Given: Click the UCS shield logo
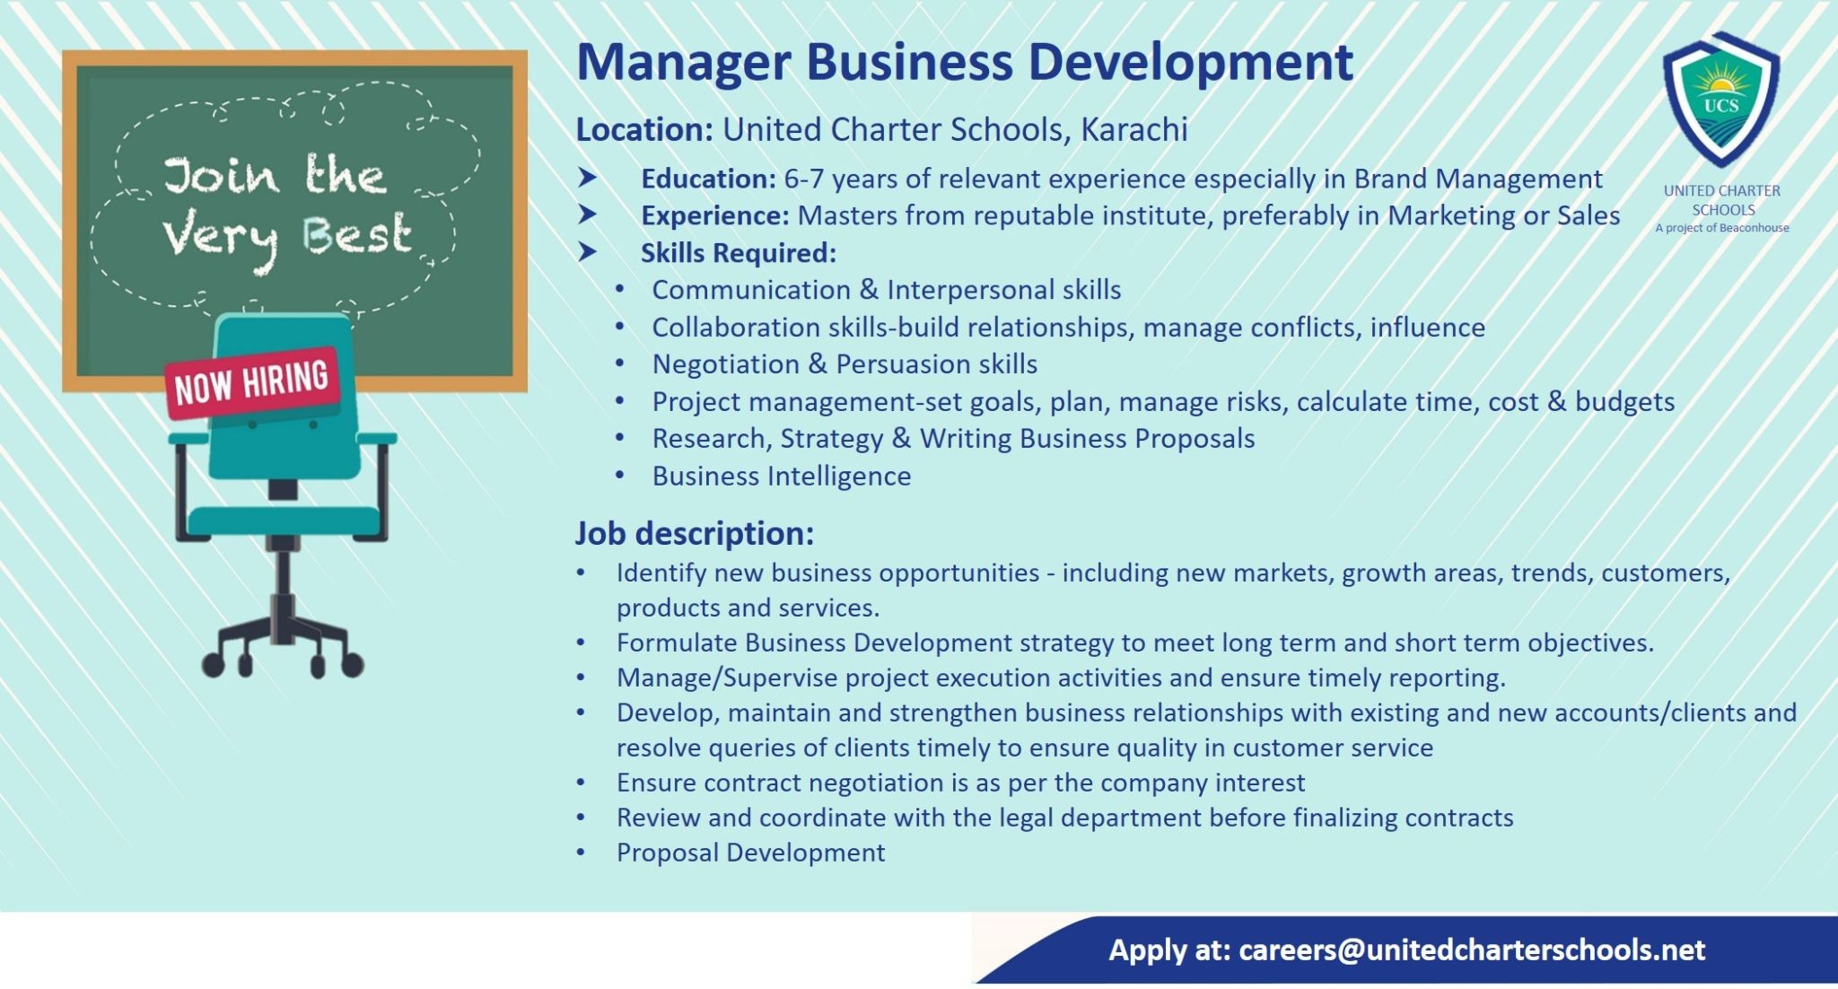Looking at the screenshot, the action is (1721, 100).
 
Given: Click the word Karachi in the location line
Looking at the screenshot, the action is (1134, 130).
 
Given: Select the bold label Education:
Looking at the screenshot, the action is (708, 179).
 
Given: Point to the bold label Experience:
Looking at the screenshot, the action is (715, 216).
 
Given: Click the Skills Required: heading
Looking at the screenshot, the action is (739, 253).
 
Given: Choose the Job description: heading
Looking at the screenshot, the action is (695, 534).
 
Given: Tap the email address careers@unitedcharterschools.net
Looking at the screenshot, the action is (1472, 950).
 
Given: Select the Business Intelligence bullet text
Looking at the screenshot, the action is (782, 476).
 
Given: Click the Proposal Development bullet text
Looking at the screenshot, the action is (751, 853).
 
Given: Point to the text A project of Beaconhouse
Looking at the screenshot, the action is (1722, 228).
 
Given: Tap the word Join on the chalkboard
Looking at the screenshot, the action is (221, 176).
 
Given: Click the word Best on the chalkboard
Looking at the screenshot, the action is (356, 235).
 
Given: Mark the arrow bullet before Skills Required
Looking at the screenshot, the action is (588, 252).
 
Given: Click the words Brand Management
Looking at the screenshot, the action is (1478, 179).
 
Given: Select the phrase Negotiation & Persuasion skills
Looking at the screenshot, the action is (845, 364).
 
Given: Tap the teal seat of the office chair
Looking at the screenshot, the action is (283, 521).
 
